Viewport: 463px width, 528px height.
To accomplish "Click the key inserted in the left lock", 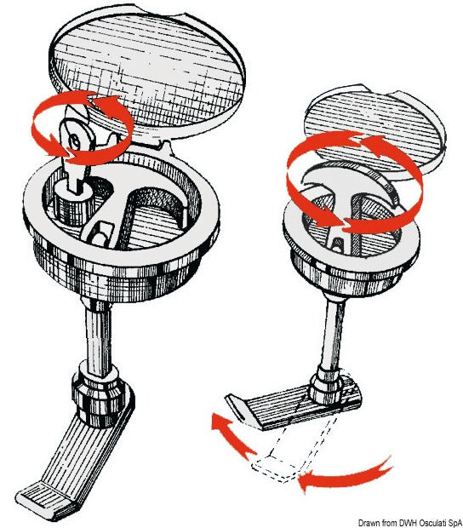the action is click(76, 148).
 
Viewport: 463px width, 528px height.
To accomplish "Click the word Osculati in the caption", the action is click(426, 523).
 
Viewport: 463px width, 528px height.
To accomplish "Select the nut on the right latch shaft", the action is click(325, 385).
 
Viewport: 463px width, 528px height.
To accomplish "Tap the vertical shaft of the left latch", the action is click(98, 331).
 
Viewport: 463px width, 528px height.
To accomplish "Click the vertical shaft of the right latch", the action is click(333, 333).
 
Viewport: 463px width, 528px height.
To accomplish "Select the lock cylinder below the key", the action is click(71, 204).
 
